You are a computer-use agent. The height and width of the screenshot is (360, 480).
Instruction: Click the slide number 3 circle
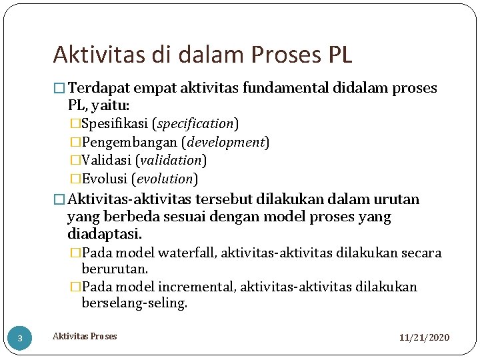point(20,339)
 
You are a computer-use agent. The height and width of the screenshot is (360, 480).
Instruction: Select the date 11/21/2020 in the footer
point(424,338)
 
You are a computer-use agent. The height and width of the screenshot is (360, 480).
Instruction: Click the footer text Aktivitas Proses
point(85,336)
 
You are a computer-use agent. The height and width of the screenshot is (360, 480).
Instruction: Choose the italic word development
point(227,142)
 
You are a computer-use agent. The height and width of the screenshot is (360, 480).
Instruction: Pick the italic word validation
point(171,160)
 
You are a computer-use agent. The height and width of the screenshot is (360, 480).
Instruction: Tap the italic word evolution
point(165,179)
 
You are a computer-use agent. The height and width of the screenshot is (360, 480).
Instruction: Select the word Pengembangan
point(131,142)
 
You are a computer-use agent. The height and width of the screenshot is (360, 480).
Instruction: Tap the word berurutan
point(115,269)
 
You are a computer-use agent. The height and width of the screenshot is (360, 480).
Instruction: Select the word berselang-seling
point(134,304)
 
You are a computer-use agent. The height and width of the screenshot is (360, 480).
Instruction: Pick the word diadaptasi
point(105,234)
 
